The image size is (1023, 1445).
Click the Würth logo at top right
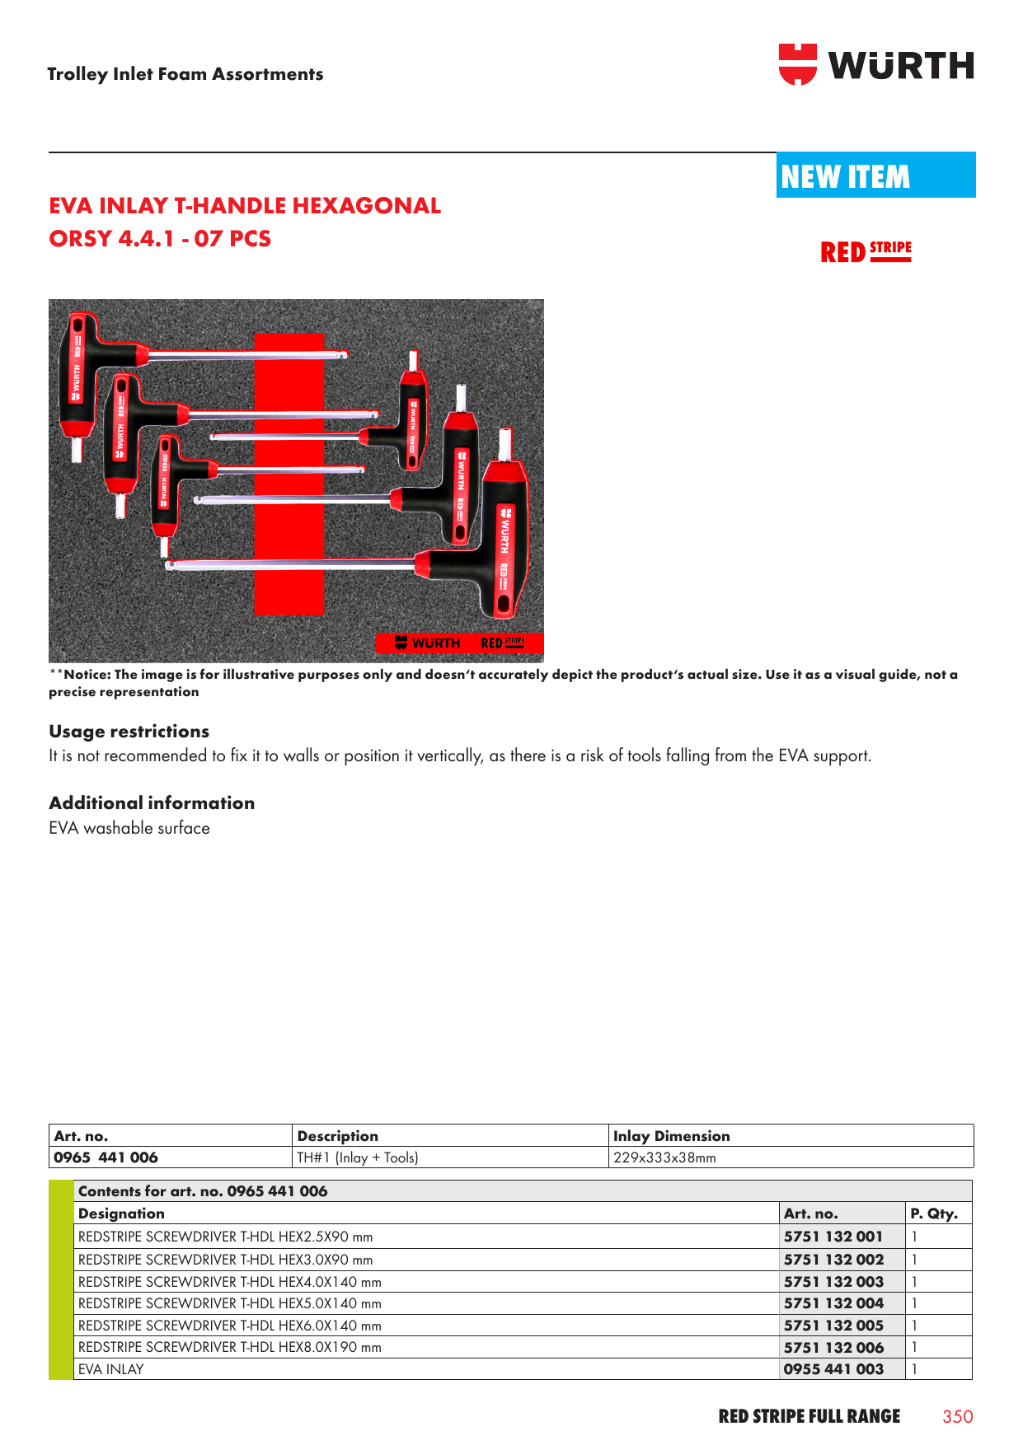click(875, 65)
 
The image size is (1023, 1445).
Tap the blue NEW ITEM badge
click(875, 175)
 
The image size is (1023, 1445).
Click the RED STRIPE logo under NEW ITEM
click(866, 251)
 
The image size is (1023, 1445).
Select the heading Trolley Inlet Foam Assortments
click(185, 74)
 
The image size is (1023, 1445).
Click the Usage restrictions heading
click(129, 732)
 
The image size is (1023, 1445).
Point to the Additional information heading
click(152, 803)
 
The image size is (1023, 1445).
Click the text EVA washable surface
click(129, 828)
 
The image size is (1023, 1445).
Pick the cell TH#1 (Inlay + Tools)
click(358, 1157)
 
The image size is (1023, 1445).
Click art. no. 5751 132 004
click(833, 1303)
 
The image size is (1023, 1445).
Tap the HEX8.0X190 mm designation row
click(229, 1347)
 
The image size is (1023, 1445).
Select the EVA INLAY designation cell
click(110, 1369)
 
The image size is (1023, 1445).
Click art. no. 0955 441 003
click(833, 1369)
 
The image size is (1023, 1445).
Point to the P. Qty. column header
click(933, 1214)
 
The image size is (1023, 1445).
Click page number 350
click(957, 1416)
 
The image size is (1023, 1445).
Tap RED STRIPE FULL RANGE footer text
click(809, 1416)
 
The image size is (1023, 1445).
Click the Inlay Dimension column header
click(671, 1136)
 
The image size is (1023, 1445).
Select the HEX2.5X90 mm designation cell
click(225, 1237)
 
